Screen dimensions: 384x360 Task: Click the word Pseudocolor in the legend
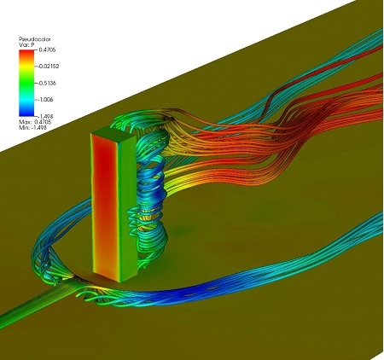click(35, 39)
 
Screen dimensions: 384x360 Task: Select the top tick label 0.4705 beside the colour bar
click(47, 49)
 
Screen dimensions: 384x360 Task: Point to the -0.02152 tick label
click(48, 67)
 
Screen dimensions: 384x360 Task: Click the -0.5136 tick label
click(46, 83)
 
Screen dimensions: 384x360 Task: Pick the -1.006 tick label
click(45, 100)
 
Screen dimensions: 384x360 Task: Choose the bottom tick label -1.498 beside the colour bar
click(45, 116)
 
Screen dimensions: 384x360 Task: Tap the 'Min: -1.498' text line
click(32, 128)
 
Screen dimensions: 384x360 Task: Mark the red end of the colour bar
click(26, 54)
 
